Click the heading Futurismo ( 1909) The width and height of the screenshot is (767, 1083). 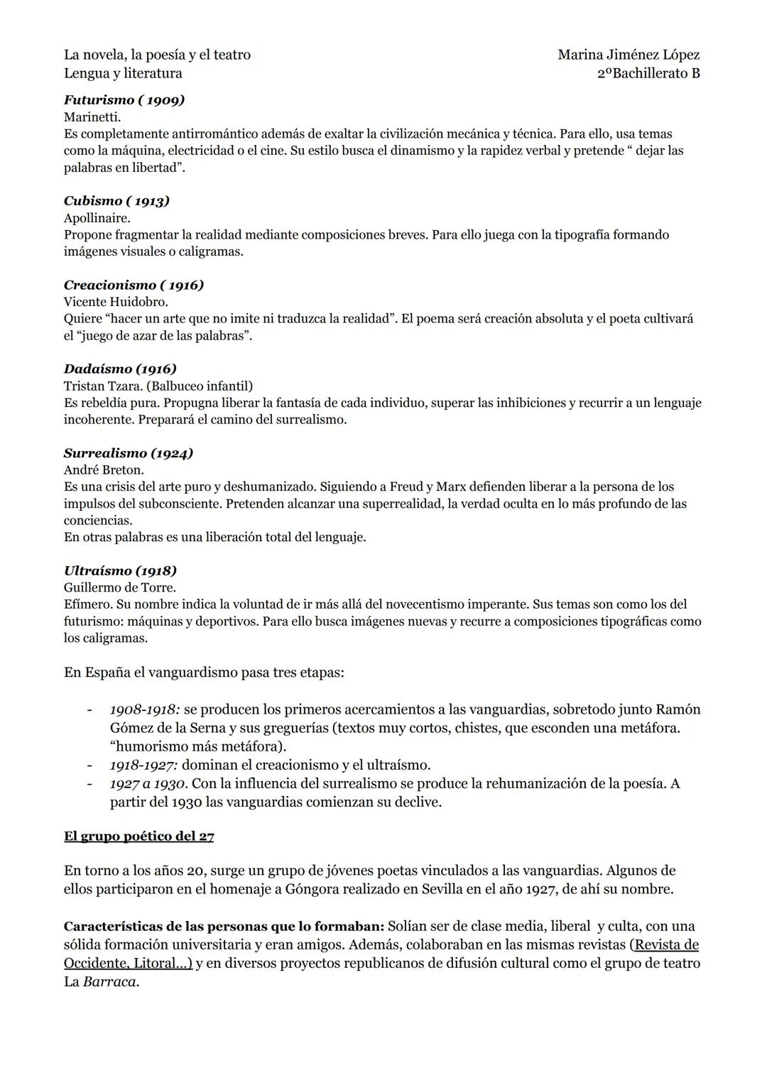pyautogui.click(x=124, y=100)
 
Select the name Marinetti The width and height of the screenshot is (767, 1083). pyautogui.click(x=92, y=117)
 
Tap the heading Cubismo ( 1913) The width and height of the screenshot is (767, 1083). pyautogui.click(x=116, y=201)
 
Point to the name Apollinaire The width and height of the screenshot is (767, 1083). pyautogui.click(x=97, y=218)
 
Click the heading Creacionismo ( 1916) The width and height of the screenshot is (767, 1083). pyautogui.click(x=134, y=285)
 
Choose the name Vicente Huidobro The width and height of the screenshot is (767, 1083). pyautogui.click(x=116, y=302)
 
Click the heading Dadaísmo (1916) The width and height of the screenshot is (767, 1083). pyautogui.click(x=120, y=369)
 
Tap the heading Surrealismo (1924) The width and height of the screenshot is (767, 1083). pyautogui.click(x=129, y=453)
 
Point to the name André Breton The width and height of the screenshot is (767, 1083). pyautogui.click(x=104, y=470)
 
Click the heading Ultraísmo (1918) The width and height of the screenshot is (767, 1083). pyautogui.click(x=120, y=570)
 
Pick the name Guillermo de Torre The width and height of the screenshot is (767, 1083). pyautogui.click(x=120, y=587)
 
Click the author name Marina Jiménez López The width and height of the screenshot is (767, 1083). pyautogui.click(x=629, y=55)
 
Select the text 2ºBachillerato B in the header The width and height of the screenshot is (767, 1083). pyautogui.click(x=648, y=73)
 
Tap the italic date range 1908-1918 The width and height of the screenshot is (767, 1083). pyautogui.click(x=144, y=709)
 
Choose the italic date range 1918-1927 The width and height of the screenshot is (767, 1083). pyautogui.click(x=143, y=765)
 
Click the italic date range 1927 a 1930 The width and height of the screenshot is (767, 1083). pyautogui.click(x=148, y=783)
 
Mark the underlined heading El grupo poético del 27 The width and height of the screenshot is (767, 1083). pyautogui.click(x=139, y=836)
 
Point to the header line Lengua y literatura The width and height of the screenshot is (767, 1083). pyautogui.click(x=123, y=73)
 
